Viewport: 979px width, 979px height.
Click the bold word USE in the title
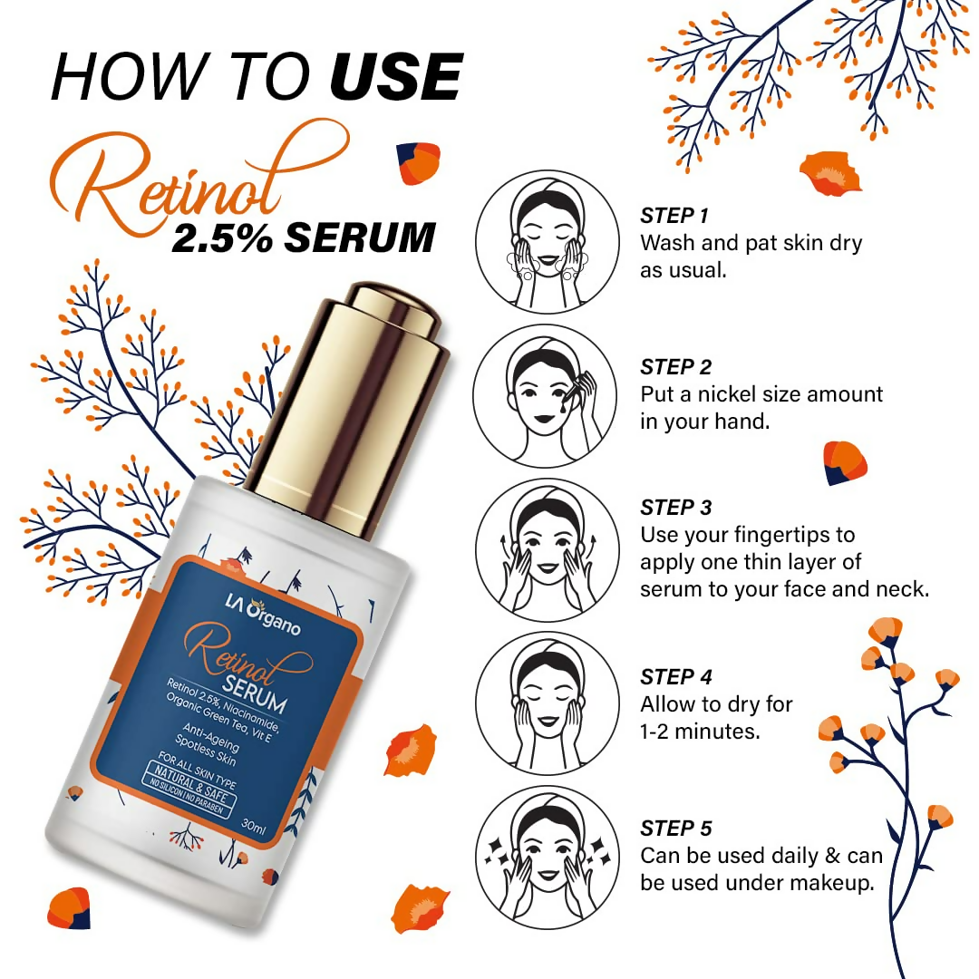pos(396,77)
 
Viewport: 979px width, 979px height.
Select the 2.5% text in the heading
pos(222,237)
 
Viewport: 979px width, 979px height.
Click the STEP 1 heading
pos(674,216)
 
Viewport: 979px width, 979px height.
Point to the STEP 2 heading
pos(675,367)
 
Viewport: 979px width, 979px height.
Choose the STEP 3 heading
pos(675,508)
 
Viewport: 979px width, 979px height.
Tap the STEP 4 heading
pos(676,677)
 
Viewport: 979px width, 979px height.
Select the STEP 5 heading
pos(676,829)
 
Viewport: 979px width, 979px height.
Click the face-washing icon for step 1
pos(548,242)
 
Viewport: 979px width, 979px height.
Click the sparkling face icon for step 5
pos(548,858)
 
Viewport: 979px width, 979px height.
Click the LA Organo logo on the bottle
pos(263,615)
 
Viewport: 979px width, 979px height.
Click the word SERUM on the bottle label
pos(254,693)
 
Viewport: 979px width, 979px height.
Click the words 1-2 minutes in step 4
pos(700,732)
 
